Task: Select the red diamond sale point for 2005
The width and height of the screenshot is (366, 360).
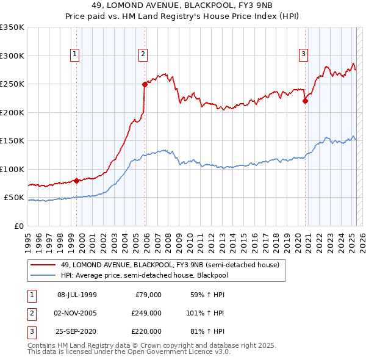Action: [145, 85]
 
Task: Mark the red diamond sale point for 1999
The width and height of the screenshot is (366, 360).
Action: [76, 181]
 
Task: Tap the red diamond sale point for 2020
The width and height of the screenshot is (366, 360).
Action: [305, 101]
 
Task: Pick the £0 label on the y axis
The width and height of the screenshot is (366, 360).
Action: [18, 226]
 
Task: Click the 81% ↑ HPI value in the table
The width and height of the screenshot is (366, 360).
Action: [207, 331]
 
